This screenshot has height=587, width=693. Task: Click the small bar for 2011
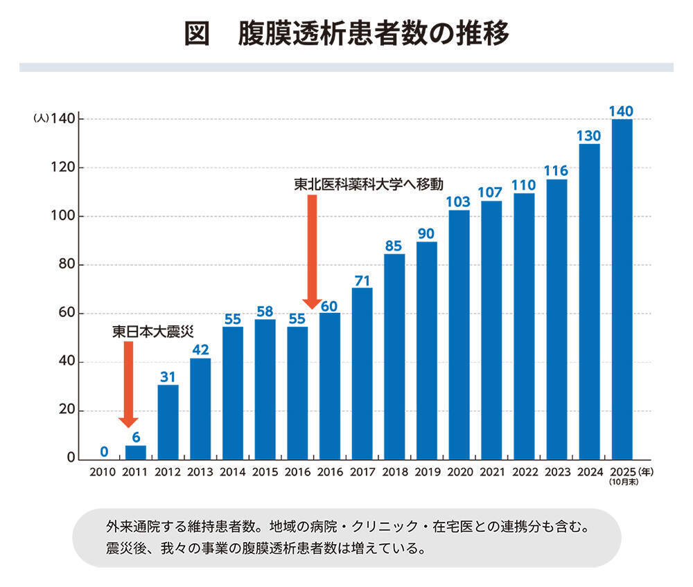click(x=135, y=453)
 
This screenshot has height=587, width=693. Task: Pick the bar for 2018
click(x=394, y=356)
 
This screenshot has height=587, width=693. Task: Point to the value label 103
click(x=459, y=201)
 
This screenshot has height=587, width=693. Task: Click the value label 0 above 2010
click(x=103, y=452)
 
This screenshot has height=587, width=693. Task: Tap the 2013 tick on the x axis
click(x=200, y=473)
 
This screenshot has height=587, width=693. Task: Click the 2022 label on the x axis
click(x=524, y=473)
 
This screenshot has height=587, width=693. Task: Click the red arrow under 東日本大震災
click(x=128, y=384)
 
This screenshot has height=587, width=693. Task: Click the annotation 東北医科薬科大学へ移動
click(x=368, y=185)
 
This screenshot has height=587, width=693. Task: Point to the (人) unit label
click(x=40, y=119)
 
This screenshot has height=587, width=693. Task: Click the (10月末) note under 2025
click(x=621, y=482)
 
